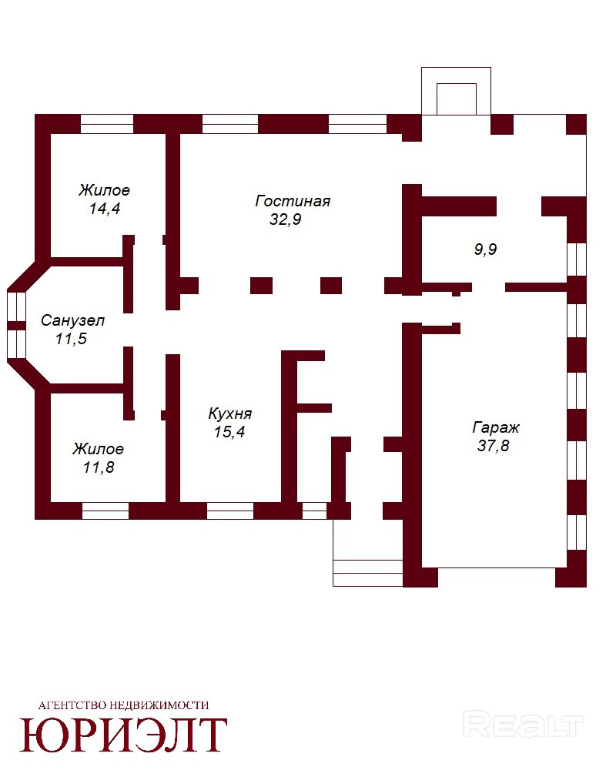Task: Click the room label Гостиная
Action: click(293, 201)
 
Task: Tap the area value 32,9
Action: click(285, 219)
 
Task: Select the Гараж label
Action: click(496, 428)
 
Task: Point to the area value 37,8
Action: click(494, 446)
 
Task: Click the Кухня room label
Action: click(230, 414)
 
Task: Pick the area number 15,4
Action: click(229, 432)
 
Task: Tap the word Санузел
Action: click(72, 321)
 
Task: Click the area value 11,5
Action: click(72, 339)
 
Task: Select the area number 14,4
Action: click(105, 209)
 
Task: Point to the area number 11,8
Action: click(99, 467)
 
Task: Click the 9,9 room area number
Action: click(485, 249)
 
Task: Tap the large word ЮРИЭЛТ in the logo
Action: click(123, 735)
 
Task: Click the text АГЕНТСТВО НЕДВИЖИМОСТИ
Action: click(124, 705)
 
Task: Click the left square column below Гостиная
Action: click(261, 286)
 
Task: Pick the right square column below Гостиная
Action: click(331, 286)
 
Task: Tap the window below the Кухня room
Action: click(230, 511)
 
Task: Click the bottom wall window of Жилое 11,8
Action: click(105, 511)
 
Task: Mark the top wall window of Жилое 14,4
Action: click(107, 124)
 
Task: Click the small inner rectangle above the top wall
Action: click(457, 99)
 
